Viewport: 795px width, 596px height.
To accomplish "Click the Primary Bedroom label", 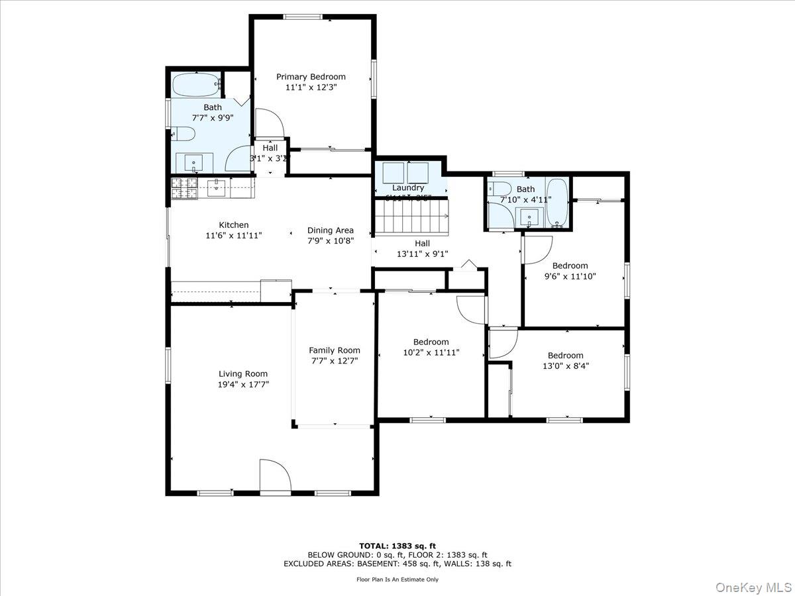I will click(311, 77).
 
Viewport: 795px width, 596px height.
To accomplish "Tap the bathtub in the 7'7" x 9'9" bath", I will click(195, 85).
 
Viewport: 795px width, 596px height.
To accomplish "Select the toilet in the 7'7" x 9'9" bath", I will click(184, 135).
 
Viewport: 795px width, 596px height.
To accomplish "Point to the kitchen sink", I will click(217, 188).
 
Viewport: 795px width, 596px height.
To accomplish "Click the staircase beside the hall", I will click(411, 217).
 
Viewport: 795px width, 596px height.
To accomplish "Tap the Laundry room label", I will click(407, 188).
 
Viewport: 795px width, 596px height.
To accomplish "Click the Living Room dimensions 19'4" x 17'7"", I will click(243, 384).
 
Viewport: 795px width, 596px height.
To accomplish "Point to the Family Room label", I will click(335, 350).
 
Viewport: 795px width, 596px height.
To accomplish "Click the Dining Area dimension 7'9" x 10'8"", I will click(330, 241).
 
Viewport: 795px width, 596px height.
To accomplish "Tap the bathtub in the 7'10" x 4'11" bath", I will click(557, 202).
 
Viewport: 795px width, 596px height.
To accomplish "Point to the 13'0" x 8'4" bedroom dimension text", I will click(565, 365).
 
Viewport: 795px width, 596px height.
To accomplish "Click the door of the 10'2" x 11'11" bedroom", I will click(471, 308).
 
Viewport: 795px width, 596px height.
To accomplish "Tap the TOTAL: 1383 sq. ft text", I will click(397, 546).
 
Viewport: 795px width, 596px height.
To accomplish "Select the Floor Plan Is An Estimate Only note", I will click(397, 579).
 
